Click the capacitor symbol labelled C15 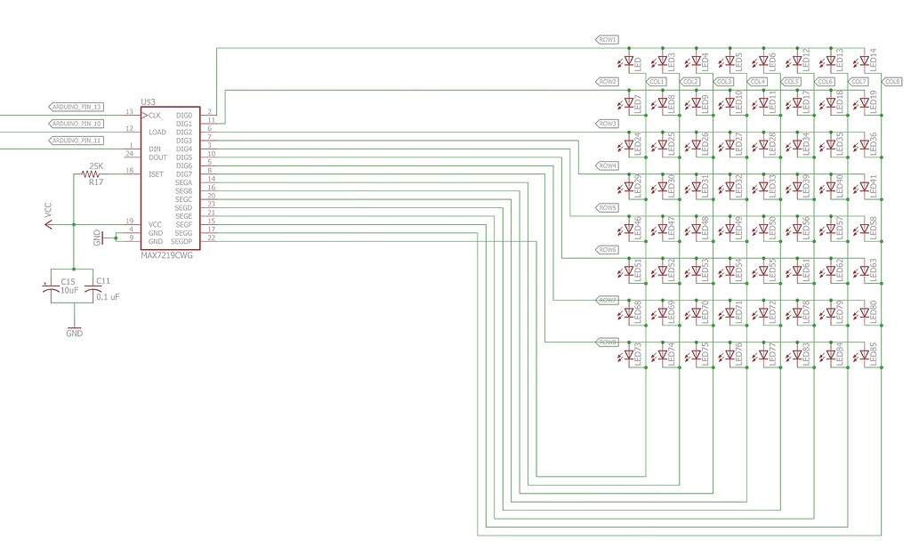[50, 288]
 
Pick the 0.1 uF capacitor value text [108, 296]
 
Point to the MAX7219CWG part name [168, 255]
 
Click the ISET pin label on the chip [157, 174]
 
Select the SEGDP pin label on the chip [181, 242]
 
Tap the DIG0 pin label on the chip [184, 116]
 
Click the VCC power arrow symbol [49, 224]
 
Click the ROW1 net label [607, 40]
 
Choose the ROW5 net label [607, 207]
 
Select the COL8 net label [891, 82]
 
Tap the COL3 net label [723, 82]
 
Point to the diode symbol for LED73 [629, 356]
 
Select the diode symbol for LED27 [730, 145]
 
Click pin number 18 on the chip [130, 171]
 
